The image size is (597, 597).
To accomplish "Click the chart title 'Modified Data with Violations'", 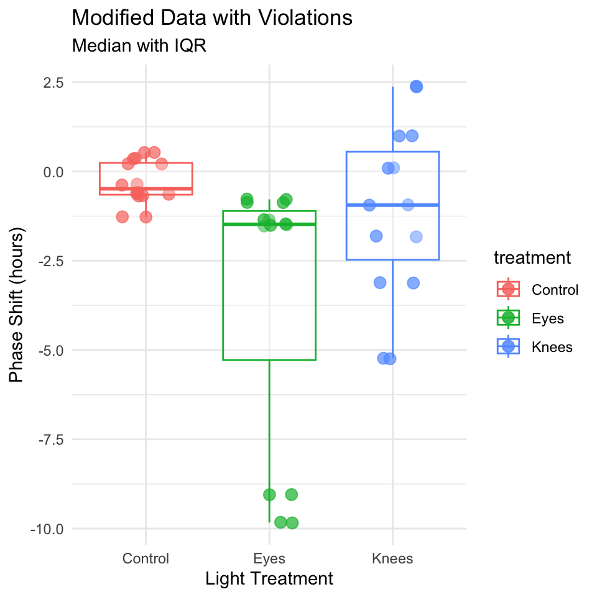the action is (212, 18).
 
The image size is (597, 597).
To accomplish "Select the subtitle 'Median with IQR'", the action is (139, 45).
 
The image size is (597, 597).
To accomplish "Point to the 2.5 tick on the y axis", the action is (53, 83).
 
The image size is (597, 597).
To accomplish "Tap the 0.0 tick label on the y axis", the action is (53, 172).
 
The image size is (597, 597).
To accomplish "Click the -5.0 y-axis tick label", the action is (51, 351).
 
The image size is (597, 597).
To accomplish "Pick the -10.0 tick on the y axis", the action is (47, 529).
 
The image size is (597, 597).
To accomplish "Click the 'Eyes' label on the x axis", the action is (269, 558).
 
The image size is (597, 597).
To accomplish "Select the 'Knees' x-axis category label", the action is (392, 558).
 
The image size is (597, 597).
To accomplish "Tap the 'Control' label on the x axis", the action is (146, 558).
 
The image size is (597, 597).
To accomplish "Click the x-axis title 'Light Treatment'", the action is (269, 579).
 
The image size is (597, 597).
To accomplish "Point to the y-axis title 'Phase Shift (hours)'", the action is (16, 305).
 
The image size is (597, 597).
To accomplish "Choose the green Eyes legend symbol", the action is (508, 318).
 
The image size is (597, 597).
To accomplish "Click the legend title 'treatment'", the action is (532, 257).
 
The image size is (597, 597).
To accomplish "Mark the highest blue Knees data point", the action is (416, 86).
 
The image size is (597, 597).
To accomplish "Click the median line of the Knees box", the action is (392, 205).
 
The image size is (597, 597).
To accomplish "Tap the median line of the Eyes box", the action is (269, 224).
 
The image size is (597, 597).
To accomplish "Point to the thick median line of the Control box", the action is (146, 189).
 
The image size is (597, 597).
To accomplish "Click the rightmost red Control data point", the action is (169, 194).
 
